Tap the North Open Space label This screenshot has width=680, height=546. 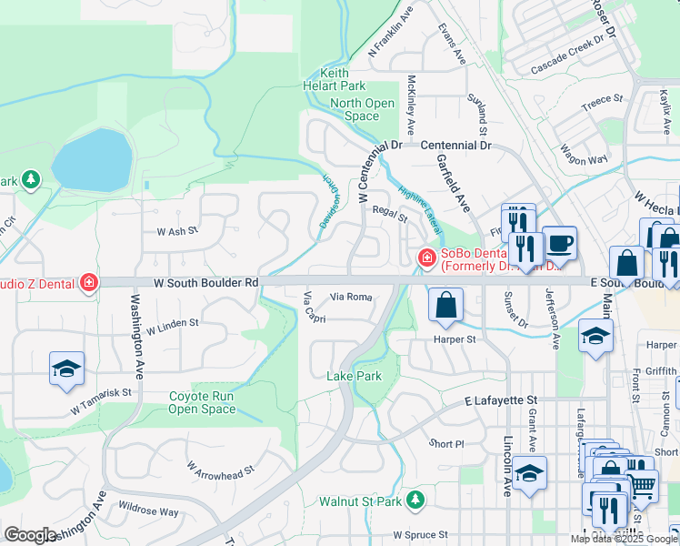coord(361,110)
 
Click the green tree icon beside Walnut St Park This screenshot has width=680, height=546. coord(415,500)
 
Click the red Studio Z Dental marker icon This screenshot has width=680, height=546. coord(88,282)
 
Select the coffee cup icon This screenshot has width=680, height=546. coord(560,244)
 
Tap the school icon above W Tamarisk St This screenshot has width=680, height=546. coord(66,369)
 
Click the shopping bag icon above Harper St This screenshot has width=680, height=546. coord(445,306)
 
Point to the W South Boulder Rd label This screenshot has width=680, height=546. coord(205,283)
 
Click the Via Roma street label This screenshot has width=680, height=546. coord(351,297)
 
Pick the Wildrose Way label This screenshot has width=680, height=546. coord(148,511)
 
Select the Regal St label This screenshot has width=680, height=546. coord(389,215)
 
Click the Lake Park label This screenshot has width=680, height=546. coord(354,376)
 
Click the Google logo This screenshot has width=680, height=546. coord(30,535)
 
